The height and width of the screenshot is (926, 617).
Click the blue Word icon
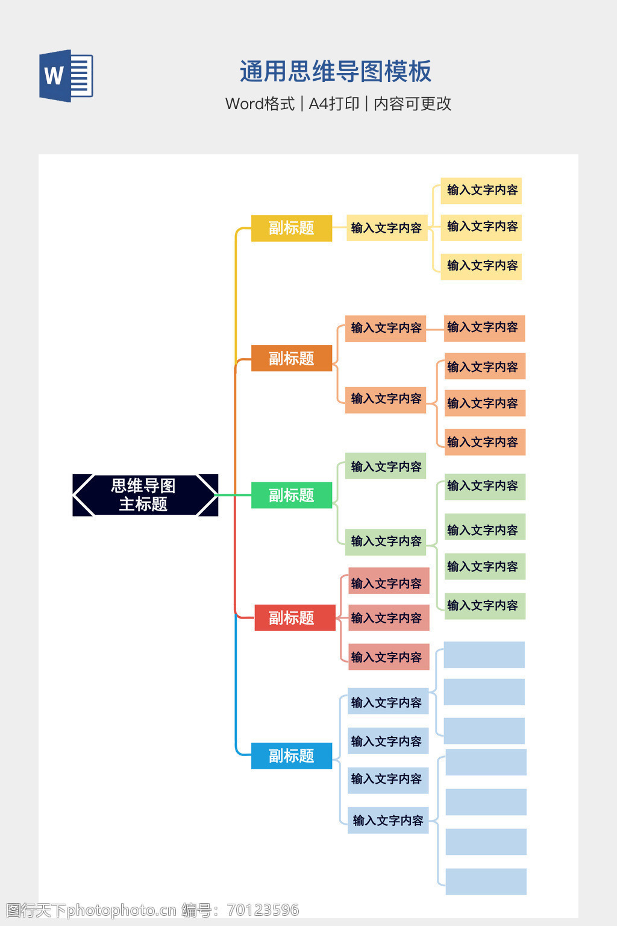pos(66,76)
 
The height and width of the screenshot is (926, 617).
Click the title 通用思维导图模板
pos(335,72)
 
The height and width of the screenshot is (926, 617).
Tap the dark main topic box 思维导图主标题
pos(145,495)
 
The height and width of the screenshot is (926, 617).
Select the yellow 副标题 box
pos(291,228)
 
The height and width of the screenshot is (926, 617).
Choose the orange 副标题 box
pos(291,358)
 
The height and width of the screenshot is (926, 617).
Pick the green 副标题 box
pos(291,495)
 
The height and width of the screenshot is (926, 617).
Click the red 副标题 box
pos(295,618)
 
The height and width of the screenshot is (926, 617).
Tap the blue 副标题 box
pos(291,755)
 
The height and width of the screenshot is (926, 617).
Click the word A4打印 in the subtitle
pos(334,104)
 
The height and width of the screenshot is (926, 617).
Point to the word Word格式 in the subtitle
pos(260,104)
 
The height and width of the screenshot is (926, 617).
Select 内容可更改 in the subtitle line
pos(412,104)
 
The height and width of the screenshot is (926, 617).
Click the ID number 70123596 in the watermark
pos(263,910)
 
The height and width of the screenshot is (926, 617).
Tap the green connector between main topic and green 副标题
pos(234,495)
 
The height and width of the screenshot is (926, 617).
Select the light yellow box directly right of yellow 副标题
pos(386,228)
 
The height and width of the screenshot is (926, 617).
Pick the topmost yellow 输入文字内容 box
pos(481,191)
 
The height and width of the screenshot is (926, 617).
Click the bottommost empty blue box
pos(486,881)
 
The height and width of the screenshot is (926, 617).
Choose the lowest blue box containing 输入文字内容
pos(388,820)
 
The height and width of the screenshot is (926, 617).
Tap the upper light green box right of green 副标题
pos(386,466)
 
